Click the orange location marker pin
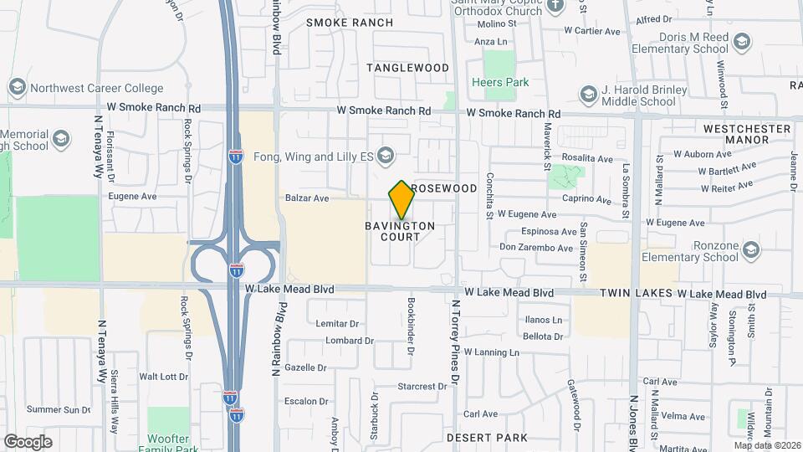tap(401, 200)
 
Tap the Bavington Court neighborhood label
tap(400, 231)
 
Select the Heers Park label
tap(500, 83)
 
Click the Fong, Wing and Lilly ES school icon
tap(386, 155)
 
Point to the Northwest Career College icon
tap(16, 87)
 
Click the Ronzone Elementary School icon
tap(751, 250)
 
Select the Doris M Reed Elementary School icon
tap(741, 41)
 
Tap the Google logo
tap(28, 441)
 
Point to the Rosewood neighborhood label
tap(444, 188)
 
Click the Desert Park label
tap(487, 438)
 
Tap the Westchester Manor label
tap(747, 135)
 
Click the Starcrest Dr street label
tap(422, 387)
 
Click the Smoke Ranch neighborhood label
tap(338, 23)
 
